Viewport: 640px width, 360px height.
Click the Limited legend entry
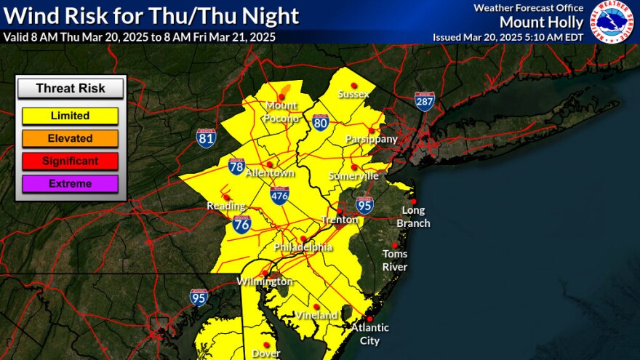tap(71, 116)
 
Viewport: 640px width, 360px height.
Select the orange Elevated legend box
tap(71, 138)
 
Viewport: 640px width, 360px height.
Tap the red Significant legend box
tap(71, 161)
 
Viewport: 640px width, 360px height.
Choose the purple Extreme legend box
tap(71, 183)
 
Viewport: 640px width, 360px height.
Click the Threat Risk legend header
tap(71, 89)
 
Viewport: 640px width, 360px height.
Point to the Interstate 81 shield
tap(206, 138)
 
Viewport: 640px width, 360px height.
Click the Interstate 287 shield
tap(425, 101)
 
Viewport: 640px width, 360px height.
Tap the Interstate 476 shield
tap(280, 194)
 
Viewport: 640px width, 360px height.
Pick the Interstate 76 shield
tap(243, 225)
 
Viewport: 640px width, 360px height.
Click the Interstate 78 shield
tap(237, 166)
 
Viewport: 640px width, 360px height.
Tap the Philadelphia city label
tap(303, 248)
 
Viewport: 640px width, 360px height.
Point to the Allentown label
tap(271, 174)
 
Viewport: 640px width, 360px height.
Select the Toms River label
tap(396, 260)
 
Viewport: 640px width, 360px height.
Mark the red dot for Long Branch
tap(413, 201)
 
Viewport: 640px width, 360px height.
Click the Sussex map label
tap(354, 95)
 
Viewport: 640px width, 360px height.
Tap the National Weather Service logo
tap(612, 22)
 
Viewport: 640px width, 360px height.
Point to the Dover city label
tap(266, 354)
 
